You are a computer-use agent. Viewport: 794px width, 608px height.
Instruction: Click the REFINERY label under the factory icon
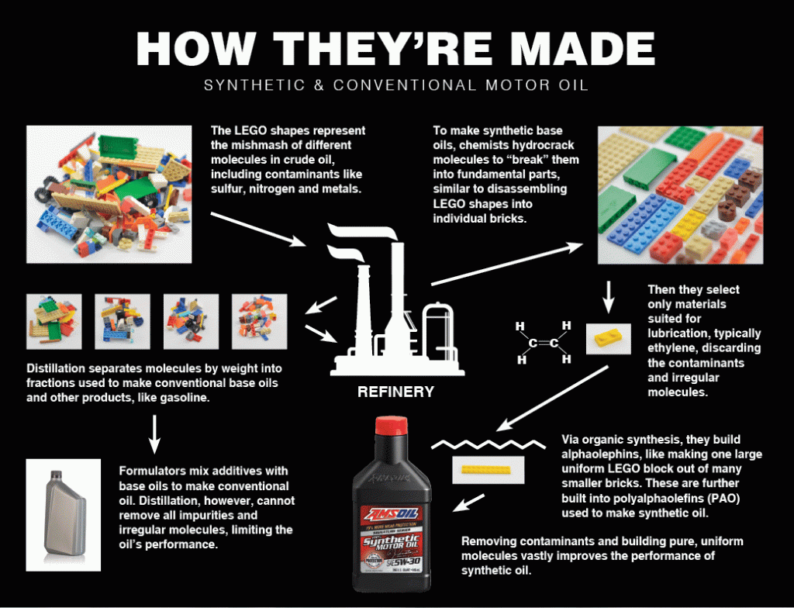[395, 392]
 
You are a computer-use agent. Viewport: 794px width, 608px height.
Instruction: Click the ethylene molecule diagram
[544, 342]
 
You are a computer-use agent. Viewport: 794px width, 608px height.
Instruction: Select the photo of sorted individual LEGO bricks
[680, 195]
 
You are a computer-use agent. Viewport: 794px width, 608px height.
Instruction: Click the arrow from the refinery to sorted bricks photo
[508, 264]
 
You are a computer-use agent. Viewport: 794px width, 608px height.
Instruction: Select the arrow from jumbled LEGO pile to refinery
[259, 230]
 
